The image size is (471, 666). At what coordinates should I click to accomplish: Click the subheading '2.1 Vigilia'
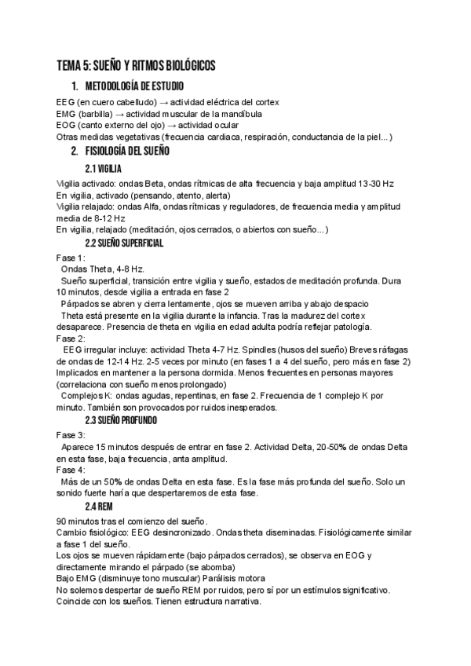coord(103,168)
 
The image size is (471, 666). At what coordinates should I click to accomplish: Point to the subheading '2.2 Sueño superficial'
coord(124,243)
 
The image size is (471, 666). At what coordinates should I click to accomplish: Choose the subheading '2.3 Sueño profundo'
coord(121,421)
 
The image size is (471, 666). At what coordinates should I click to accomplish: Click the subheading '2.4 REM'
coord(99,507)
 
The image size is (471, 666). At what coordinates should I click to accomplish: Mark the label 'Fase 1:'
coord(71,258)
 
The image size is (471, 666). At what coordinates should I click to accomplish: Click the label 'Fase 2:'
coord(71,338)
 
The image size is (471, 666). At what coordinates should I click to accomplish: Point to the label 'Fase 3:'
coord(71,434)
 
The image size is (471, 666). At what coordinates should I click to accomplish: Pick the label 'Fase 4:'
coord(71,469)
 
